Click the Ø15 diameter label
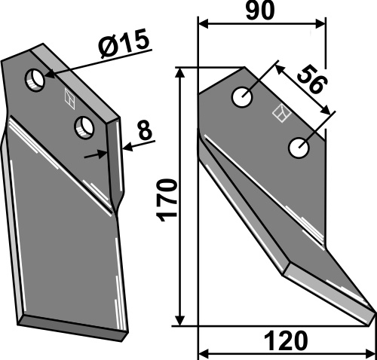pyautogui.click(x=123, y=42)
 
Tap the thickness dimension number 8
pyautogui.click(x=145, y=130)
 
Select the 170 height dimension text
pyautogui.click(x=166, y=200)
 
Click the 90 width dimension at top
pyautogui.click(x=260, y=11)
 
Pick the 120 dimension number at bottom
pyautogui.click(x=286, y=340)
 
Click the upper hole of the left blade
pyautogui.click(x=35, y=80)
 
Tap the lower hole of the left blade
pyautogui.click(x=84, y=127)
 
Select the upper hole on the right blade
pyautogui.click(x=242, y=97)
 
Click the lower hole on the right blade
pyautogui.click(x=299, y=148)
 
